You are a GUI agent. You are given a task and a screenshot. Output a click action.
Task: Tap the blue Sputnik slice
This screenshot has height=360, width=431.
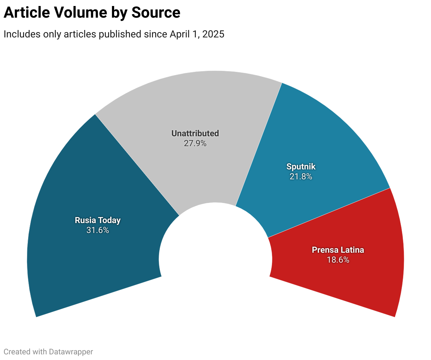click(x=318, y=141)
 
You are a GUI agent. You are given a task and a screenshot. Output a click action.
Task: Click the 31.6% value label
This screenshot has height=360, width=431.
click(x=98, y=230)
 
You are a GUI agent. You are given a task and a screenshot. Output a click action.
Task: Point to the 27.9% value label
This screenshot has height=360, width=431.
click(x=195, y=144)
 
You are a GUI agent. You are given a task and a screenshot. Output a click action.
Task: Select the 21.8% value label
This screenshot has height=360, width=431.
click(x=301, y=176)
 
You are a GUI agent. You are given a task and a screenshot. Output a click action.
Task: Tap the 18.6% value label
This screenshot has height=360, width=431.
click(x=338, y=260)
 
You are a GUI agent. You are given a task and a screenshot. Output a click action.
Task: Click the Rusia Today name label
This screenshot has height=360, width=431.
click(x=98, y=220)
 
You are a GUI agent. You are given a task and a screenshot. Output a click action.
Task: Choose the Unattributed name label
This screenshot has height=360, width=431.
click(x=195, y=133)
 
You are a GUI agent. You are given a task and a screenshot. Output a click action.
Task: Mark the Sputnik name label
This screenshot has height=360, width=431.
click(x=301, y=167)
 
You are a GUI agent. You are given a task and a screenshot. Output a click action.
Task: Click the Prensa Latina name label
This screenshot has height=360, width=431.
click(x=338, y=250)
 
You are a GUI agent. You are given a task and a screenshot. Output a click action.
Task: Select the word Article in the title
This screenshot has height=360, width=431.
click(x=26, y=13)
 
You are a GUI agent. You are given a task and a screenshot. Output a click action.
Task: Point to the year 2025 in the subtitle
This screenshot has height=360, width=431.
click(x=213, y=34)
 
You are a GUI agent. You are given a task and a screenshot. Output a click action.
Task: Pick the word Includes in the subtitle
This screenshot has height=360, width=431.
click(x=22, y=34)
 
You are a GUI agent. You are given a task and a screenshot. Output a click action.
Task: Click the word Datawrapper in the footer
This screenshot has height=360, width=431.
click(x=71, y=352)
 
